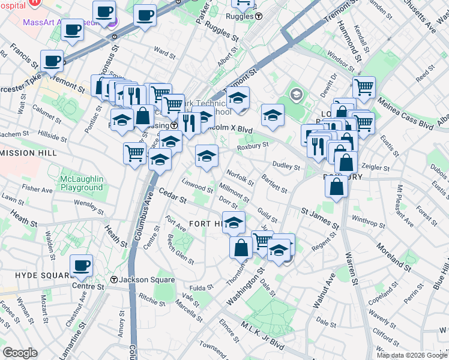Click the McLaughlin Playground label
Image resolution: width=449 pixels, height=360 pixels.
coord(82,184)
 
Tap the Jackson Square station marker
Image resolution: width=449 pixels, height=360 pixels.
coord(114,280)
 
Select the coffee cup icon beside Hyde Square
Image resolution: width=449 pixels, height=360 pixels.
coord(81,265)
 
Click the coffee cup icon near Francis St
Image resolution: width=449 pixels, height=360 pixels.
coord(52,60)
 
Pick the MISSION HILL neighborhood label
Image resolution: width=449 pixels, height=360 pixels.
coord(29,153)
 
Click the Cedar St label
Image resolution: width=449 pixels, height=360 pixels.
coord(174,196)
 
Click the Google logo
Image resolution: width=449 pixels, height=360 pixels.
coord(20,353)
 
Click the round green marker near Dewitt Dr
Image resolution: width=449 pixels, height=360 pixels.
coord(297,94)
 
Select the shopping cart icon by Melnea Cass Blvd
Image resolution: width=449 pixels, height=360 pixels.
coord(364,87)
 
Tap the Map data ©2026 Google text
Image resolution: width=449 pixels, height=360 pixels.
coord(412,355)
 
